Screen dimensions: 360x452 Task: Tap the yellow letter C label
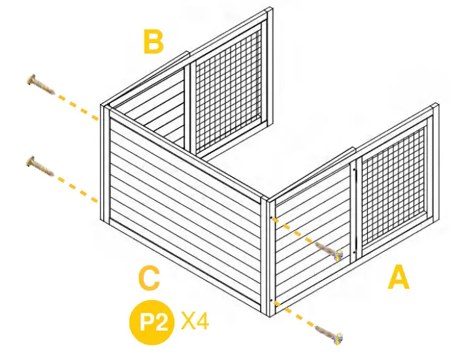(150, 280)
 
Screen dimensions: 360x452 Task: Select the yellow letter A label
(399, 279)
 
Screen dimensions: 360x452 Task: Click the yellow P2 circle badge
(152, 322)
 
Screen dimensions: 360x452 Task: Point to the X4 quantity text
(195, 321)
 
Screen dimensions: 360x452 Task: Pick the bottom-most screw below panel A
(329, 335)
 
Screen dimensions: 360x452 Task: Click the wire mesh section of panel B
(229, 85)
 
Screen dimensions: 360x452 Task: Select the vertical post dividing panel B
(188, 105)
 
